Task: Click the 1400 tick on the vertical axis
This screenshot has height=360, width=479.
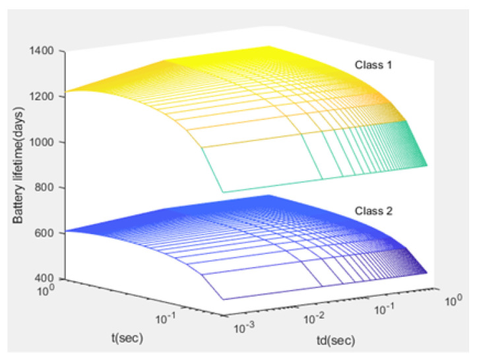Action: [x=51, y=51]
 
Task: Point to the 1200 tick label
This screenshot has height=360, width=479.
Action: [x=51, y=96]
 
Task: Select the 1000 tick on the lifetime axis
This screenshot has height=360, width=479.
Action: [x=51, y=142]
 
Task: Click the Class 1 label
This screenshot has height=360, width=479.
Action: [x=373, y=66]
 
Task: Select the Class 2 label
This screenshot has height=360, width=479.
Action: [x=373, y=213]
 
